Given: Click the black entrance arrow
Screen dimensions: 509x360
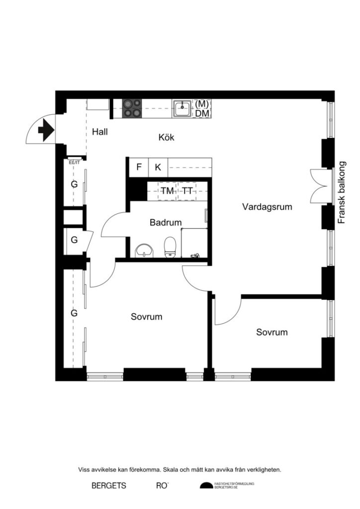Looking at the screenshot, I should coord(45,130).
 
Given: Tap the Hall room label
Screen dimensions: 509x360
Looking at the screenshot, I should coord(99,132).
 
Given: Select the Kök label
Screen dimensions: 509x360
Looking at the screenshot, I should coord(166,138).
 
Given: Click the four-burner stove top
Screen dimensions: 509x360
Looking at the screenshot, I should coord(132,108).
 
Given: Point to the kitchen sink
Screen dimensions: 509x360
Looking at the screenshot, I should coord(182,108).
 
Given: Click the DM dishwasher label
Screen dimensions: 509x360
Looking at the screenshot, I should coord(201,113).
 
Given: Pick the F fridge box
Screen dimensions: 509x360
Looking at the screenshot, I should coord(139,167).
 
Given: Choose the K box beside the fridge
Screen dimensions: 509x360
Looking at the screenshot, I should coord(158,167).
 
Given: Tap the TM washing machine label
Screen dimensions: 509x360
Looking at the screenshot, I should coord(167,191).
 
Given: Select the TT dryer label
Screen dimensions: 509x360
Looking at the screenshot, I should coord(186,191).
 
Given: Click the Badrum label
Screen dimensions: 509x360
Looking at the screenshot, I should coord(166,223).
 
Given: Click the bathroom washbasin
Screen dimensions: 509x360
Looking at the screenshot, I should coord(144,250).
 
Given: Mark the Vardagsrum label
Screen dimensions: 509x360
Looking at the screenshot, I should coord(267,206).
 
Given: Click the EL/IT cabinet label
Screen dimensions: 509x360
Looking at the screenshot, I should coord(74,162).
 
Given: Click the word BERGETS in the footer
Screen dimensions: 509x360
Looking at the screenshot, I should coord(109,486).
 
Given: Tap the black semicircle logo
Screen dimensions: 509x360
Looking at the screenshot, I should coord(206,486).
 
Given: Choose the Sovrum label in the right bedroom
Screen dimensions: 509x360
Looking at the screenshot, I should coord(272,333).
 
